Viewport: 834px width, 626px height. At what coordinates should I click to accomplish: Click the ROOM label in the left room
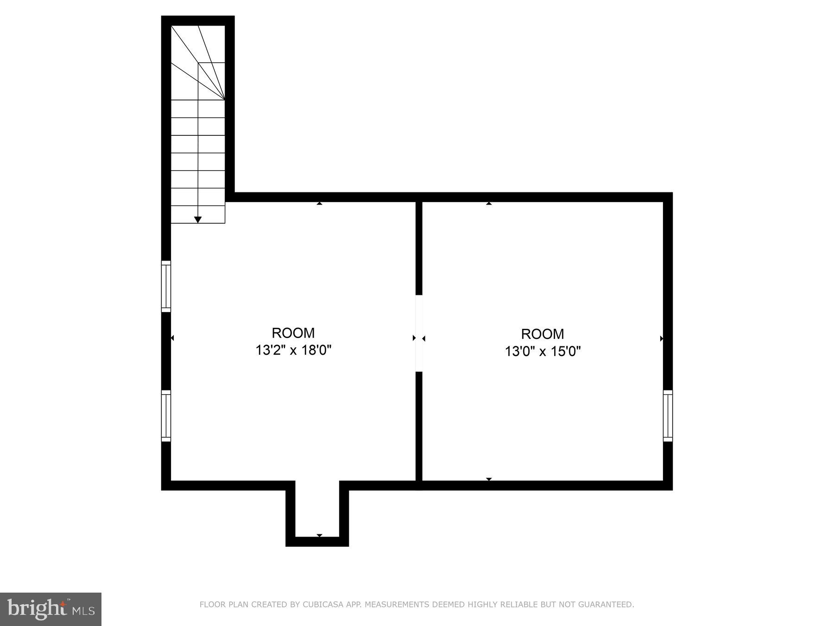click(x=293, y=333)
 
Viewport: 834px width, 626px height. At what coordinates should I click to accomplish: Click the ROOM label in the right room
click(x=542, y=334)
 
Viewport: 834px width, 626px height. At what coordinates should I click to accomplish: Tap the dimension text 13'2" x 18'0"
click(x=293, y=350)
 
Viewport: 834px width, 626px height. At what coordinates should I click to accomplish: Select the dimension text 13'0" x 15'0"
click(x=543, y=351)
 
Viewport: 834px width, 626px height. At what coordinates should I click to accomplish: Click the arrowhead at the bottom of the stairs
click(x=198, y=220)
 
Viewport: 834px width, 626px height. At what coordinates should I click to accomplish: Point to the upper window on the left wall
click(x=166, y=286)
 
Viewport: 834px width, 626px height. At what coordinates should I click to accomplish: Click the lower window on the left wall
click(x=166, y=415)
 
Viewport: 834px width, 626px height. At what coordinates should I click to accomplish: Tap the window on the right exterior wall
click(x=668, y=415)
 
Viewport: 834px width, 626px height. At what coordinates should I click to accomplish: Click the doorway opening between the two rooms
click(x=419, y=333)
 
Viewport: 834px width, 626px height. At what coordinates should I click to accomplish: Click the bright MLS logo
click(x=51, y=609)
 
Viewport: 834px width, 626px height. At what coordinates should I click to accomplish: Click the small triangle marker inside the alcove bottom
click(x=319, y=536)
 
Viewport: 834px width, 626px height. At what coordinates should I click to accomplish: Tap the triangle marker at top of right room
click(x=489, y=203)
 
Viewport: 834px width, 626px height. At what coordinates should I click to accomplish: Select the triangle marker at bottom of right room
click(x=489, y=479)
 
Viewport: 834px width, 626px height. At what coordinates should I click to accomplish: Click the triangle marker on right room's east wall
click(x=661, y=339)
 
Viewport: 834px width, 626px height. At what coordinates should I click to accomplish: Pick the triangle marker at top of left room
click(x=319, y=203)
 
